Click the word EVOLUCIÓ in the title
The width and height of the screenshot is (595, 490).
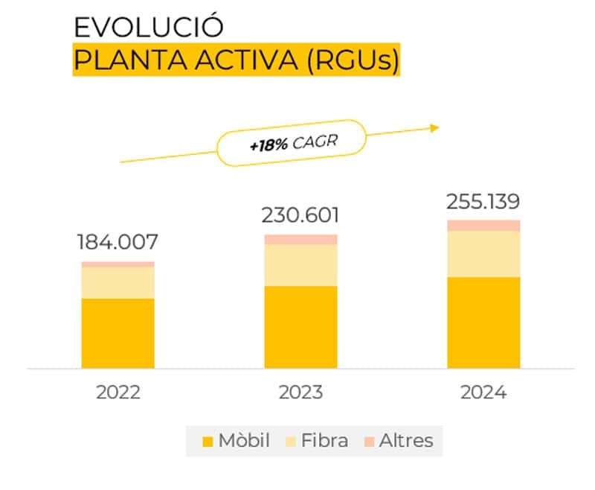pos(149,28)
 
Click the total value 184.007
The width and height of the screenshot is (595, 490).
pos(118,242)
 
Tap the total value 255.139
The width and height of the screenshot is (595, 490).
pos(483,202)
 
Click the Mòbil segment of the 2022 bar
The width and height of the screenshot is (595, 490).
pos(118,333)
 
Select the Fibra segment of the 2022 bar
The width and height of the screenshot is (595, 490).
pos(118,282)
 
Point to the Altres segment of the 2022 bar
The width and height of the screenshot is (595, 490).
pos(118,264)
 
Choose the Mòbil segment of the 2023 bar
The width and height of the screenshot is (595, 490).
pos(300,327)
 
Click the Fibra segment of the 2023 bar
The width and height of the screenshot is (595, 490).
pos(300,265)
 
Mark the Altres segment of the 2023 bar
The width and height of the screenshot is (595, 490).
pos(300,239)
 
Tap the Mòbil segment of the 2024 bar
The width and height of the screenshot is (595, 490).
pos(483,322)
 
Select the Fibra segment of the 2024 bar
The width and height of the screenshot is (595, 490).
pos(483,254)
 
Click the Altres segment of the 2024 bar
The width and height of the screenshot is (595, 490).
pos(483,226)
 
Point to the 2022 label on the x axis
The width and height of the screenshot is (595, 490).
pos(118,392)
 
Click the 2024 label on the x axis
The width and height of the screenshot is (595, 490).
pos(483,392)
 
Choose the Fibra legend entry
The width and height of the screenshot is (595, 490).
pos(317,440)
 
